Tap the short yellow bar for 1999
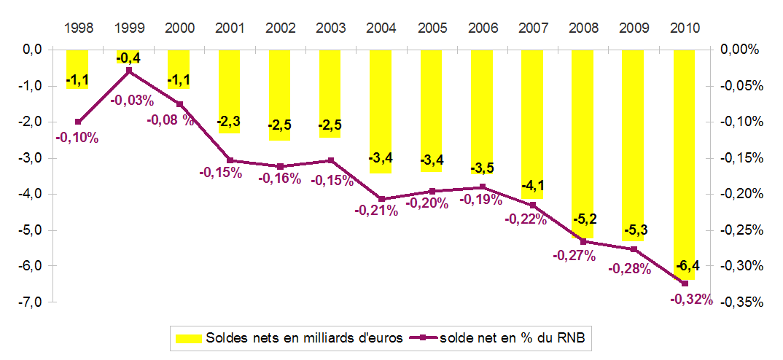point(128,54)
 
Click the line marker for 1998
point(78,122)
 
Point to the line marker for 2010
point(684,283)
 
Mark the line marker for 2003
point(330,160)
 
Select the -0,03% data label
point(132,101)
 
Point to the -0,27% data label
point(574,256)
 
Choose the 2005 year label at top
point(432,28)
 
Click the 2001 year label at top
point(230,28)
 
